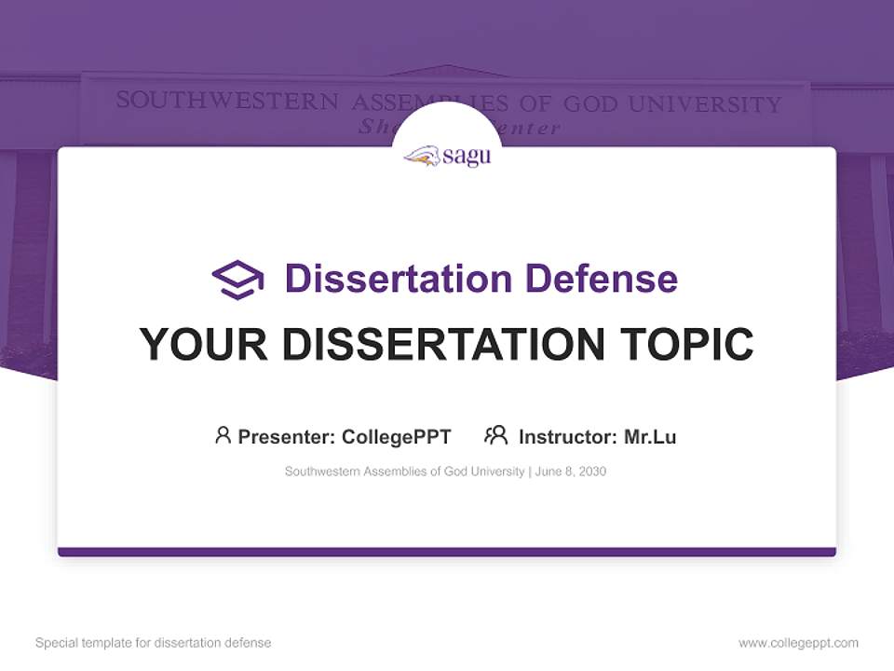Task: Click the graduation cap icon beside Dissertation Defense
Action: [237, 279]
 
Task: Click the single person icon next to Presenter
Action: [223, 435]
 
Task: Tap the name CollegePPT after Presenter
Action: [397, 436]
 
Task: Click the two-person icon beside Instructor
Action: [496, 435]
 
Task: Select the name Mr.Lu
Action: [650, 436]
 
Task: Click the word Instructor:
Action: [567, 436]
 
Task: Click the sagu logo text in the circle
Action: [467, 157]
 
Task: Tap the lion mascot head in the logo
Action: [422, 157]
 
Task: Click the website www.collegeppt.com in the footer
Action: [798, 643]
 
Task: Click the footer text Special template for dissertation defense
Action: [154, 643]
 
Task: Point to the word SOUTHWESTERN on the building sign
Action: [226, 101]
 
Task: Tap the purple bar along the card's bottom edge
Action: [447, 552]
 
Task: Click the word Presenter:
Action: [286, 436]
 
